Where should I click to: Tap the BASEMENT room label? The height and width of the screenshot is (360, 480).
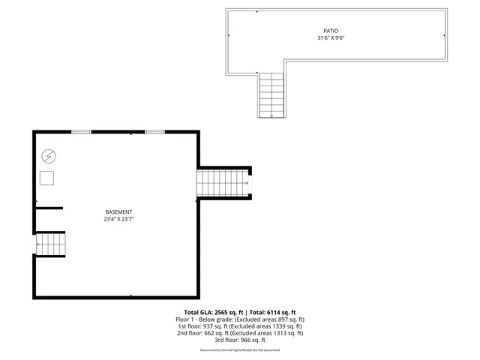coord(119,212)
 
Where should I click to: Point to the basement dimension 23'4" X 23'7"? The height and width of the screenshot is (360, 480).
coord(119,220)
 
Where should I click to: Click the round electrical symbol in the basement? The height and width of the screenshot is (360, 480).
coord(49,156)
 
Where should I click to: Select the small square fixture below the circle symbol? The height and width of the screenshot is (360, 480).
coord(48,178)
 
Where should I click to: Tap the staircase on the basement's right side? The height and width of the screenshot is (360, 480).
coord(223,182)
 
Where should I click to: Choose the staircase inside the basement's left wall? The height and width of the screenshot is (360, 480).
coord(51,244)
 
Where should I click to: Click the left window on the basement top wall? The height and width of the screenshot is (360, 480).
coord(81,132)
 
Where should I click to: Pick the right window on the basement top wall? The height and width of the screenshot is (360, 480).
coord(154,132)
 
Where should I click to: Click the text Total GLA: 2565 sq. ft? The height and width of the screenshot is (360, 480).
coord(212,312)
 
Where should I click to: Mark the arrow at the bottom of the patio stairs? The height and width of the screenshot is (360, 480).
coord(271,115)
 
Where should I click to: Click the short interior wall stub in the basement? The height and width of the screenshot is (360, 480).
coord(49,207)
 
